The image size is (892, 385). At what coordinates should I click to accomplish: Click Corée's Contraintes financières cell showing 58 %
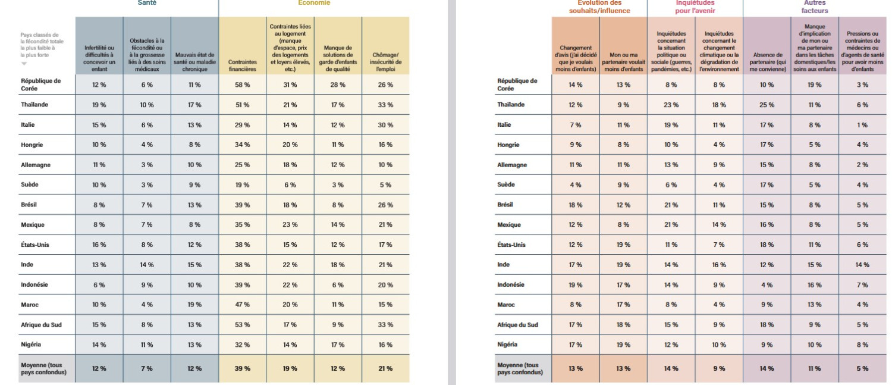(x=242, y=84)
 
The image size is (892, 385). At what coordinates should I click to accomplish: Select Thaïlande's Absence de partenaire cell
(x=767, y=105)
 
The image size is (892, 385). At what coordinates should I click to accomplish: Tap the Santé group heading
(x=147, y=3)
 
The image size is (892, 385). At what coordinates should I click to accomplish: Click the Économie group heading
(x=314, y=3)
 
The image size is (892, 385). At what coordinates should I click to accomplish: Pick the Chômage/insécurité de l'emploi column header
(x=385, y=62)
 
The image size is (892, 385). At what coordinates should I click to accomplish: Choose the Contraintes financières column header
(x=242, y=65)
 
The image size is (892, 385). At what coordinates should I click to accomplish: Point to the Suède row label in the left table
(x=30, y=184)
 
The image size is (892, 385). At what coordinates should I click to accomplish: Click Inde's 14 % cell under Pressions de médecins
(x=862, y=265)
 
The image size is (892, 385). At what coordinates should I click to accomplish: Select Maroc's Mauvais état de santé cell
(x=194, y=305)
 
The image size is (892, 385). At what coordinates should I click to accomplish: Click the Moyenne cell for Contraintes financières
(x=242, y=369)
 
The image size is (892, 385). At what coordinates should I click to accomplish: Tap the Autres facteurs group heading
(x=814, y=7)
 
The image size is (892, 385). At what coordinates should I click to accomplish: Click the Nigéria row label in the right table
(x=507, y=345)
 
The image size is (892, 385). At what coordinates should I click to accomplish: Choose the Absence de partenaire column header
(x=767, y=62)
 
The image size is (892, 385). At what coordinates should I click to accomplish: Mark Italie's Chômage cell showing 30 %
(x=385, y=125)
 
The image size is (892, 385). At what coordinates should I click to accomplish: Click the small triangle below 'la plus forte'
(x=24, y=63)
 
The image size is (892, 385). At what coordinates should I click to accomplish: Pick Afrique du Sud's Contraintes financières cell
(x=242, y=324)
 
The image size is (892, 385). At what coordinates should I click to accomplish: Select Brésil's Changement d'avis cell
(x=576, y=205)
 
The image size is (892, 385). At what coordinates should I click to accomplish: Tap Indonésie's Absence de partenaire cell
(x=767, y=285)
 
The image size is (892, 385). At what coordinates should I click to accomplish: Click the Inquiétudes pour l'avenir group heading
(x=695, y=7)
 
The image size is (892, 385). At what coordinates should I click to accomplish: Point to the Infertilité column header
(x=99, y=58)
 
